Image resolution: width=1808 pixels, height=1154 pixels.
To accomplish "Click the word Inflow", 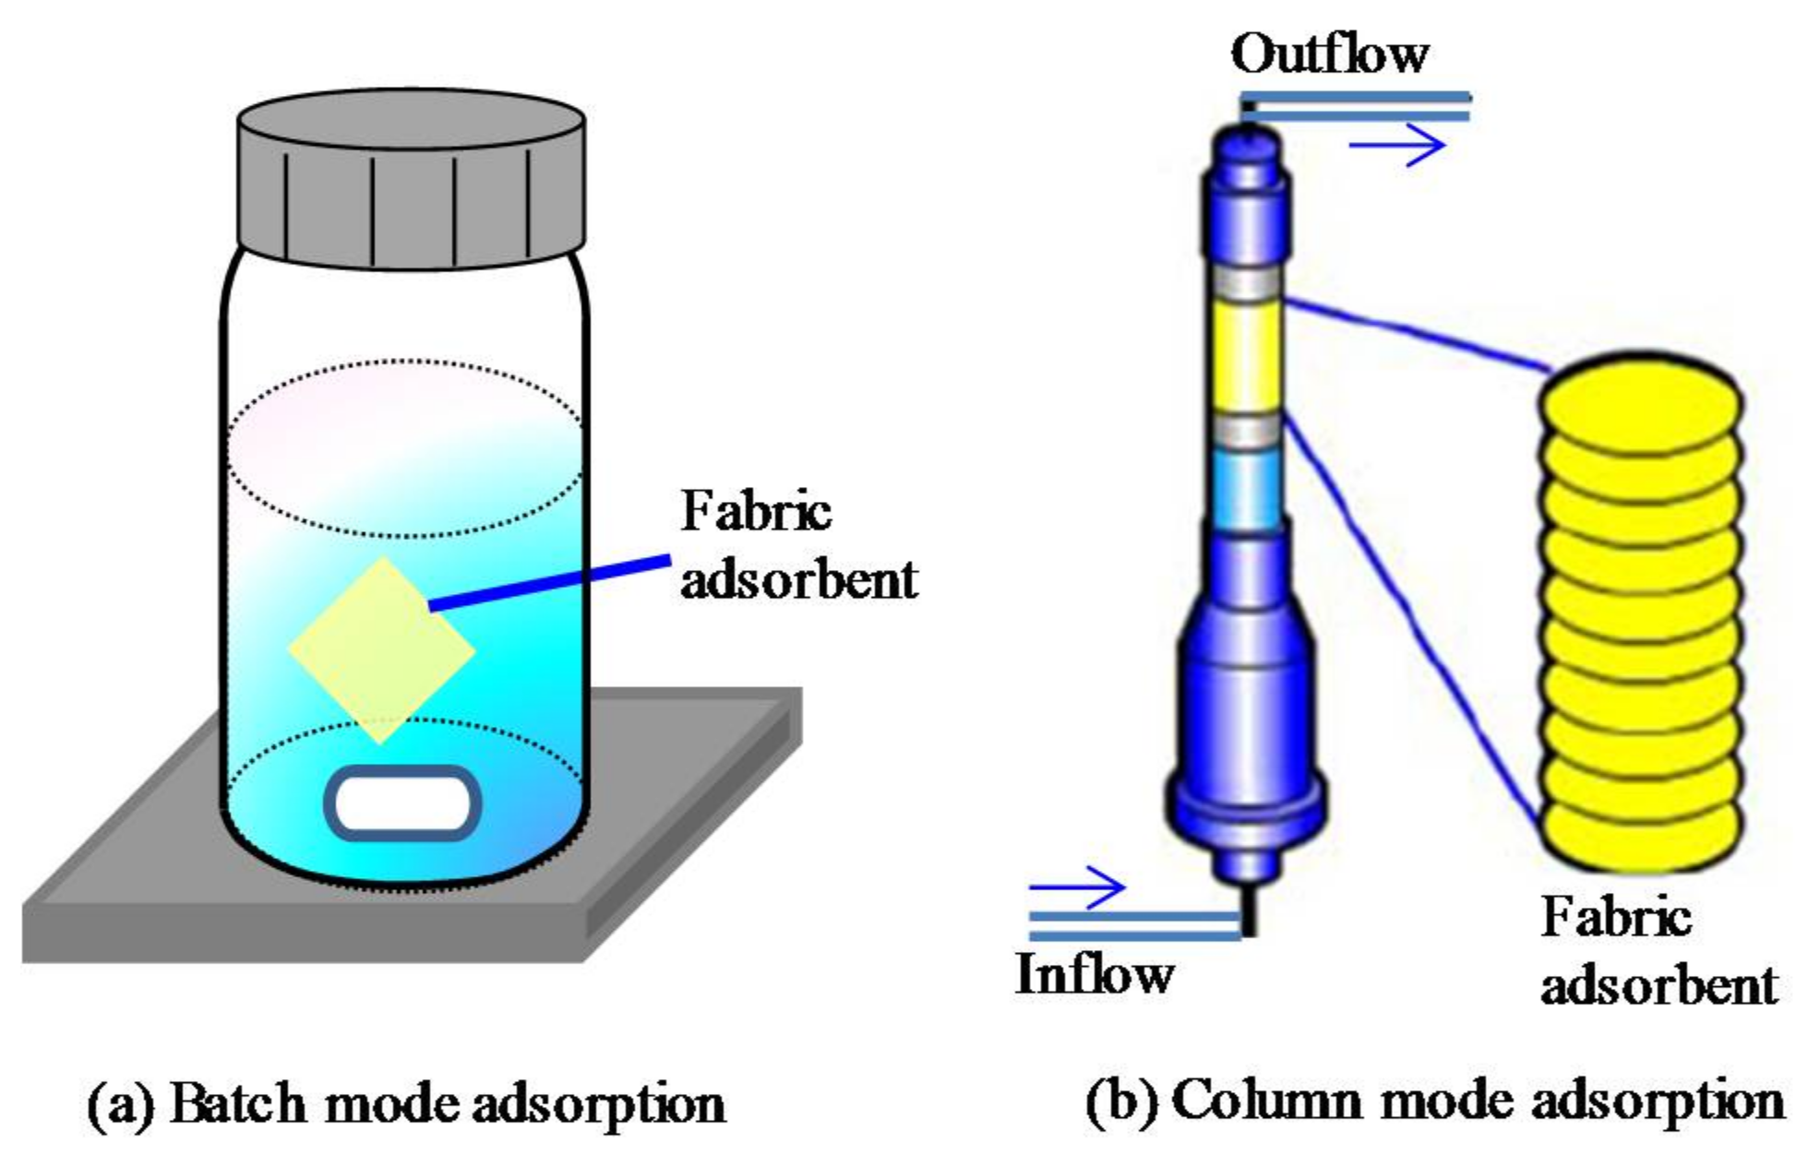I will pyautogui.click(x=1094, y=974).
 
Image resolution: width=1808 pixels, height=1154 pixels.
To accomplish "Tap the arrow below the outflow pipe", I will pyautogui.click(x=1397, y=144).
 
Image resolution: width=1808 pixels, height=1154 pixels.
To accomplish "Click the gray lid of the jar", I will pyautogui.click(x=411, y=180).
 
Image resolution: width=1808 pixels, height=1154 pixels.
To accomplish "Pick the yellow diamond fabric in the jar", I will pyautogui.click(x=381, y=649).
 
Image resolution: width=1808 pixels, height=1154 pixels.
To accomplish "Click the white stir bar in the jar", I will pyautogui.click(x=402, y=803).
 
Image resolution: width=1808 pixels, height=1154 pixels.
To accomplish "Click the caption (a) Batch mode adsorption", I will pyautogui.click(x=406, y=1102).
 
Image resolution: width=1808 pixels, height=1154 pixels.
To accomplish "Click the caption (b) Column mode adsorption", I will pyautogui.click(x=1434, y=1100).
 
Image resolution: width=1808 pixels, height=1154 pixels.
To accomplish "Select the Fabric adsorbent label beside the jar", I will pyautogui.click(x=797, y=545).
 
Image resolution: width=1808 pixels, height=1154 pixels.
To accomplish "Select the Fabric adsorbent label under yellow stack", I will pyautogui.click(x=1657, y=951).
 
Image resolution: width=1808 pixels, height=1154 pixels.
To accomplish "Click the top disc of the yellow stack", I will pyautogui.click(x=1642, y=401).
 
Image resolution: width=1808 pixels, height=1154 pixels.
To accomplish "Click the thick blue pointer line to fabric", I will pyautogui.click(x=550, y=582).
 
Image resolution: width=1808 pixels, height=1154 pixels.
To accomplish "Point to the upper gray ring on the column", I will pyautogui.click(x=1247, y=283).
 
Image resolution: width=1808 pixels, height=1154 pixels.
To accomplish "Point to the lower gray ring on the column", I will pyautogui.click(x=1247, y=428).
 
